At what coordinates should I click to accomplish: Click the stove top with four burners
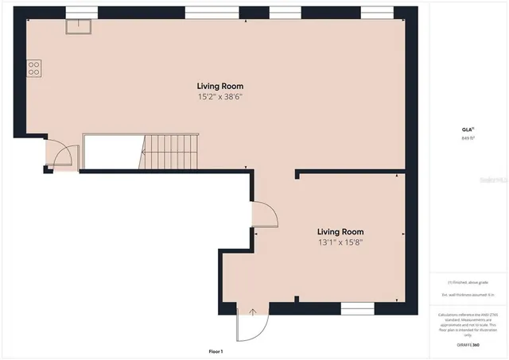click(x=34, y=68)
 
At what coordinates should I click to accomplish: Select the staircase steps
click(x=169, y=151)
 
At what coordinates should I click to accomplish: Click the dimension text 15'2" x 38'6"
click(x=220, y=96)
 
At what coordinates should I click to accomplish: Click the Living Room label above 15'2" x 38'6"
click(x=220, y=86)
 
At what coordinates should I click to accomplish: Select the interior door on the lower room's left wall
click(x=263, y=213)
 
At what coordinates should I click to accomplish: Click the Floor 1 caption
click(x=216, y=351)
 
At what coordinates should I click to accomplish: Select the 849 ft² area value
click(x=468, y=138)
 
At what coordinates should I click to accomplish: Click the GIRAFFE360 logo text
click(x=468, y=345)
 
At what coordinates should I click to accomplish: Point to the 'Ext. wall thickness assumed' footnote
click(x=468, y=295)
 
